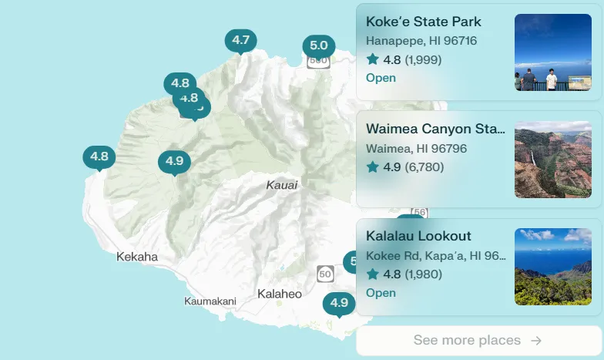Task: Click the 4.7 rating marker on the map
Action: point(240,40)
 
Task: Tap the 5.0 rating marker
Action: point(319,45)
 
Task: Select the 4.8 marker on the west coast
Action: point(99,157)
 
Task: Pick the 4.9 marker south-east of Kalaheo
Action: point(339,303)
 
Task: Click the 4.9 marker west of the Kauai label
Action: point(174,161)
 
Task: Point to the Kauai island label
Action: point(282,185)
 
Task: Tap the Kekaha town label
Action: point(137,257)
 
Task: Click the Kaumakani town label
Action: point(210,301)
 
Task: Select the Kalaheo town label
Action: point(280,294)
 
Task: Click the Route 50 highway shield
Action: point(325,274)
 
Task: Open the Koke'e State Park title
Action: point(424,22)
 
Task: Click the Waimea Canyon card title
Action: point(436,129)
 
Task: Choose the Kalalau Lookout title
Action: point(418,236)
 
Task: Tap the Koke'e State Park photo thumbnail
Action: point(553,52)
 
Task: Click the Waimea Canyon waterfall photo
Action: point(553,160)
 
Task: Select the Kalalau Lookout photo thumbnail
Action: point(553,267)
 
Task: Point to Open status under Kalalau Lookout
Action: point(381,293)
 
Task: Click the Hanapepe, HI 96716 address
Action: point(421,41)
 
